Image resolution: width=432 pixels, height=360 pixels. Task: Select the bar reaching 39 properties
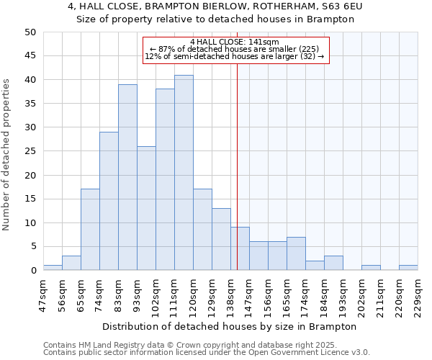pyautogui.click(x=127, y=177)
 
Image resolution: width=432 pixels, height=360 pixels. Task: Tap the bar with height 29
pyautogui.click(x=109, y=201)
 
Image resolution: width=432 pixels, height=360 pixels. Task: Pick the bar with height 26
pyautogui.click(x=146, y=208)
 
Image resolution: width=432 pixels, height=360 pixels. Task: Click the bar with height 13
pyautogui.click(x=221, y=239)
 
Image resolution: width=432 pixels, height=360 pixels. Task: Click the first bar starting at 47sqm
pyautogui.click(x=53, y=268)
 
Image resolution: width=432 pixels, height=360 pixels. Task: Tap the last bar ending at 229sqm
pyautogui.click(x=408, y=268)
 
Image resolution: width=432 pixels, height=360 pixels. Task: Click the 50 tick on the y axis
pyautogui.click(x=30, y=32)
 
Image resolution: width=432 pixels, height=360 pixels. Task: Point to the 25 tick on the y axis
pyautogui.click(x=30, y=151)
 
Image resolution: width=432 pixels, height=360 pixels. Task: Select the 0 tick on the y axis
pyautogui.click(x=33, y=271)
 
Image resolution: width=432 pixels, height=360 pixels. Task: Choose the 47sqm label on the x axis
pyautogui.click(x=43, y=294)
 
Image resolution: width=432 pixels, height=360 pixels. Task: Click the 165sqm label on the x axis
pyautogui.click(x=287, y=294)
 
